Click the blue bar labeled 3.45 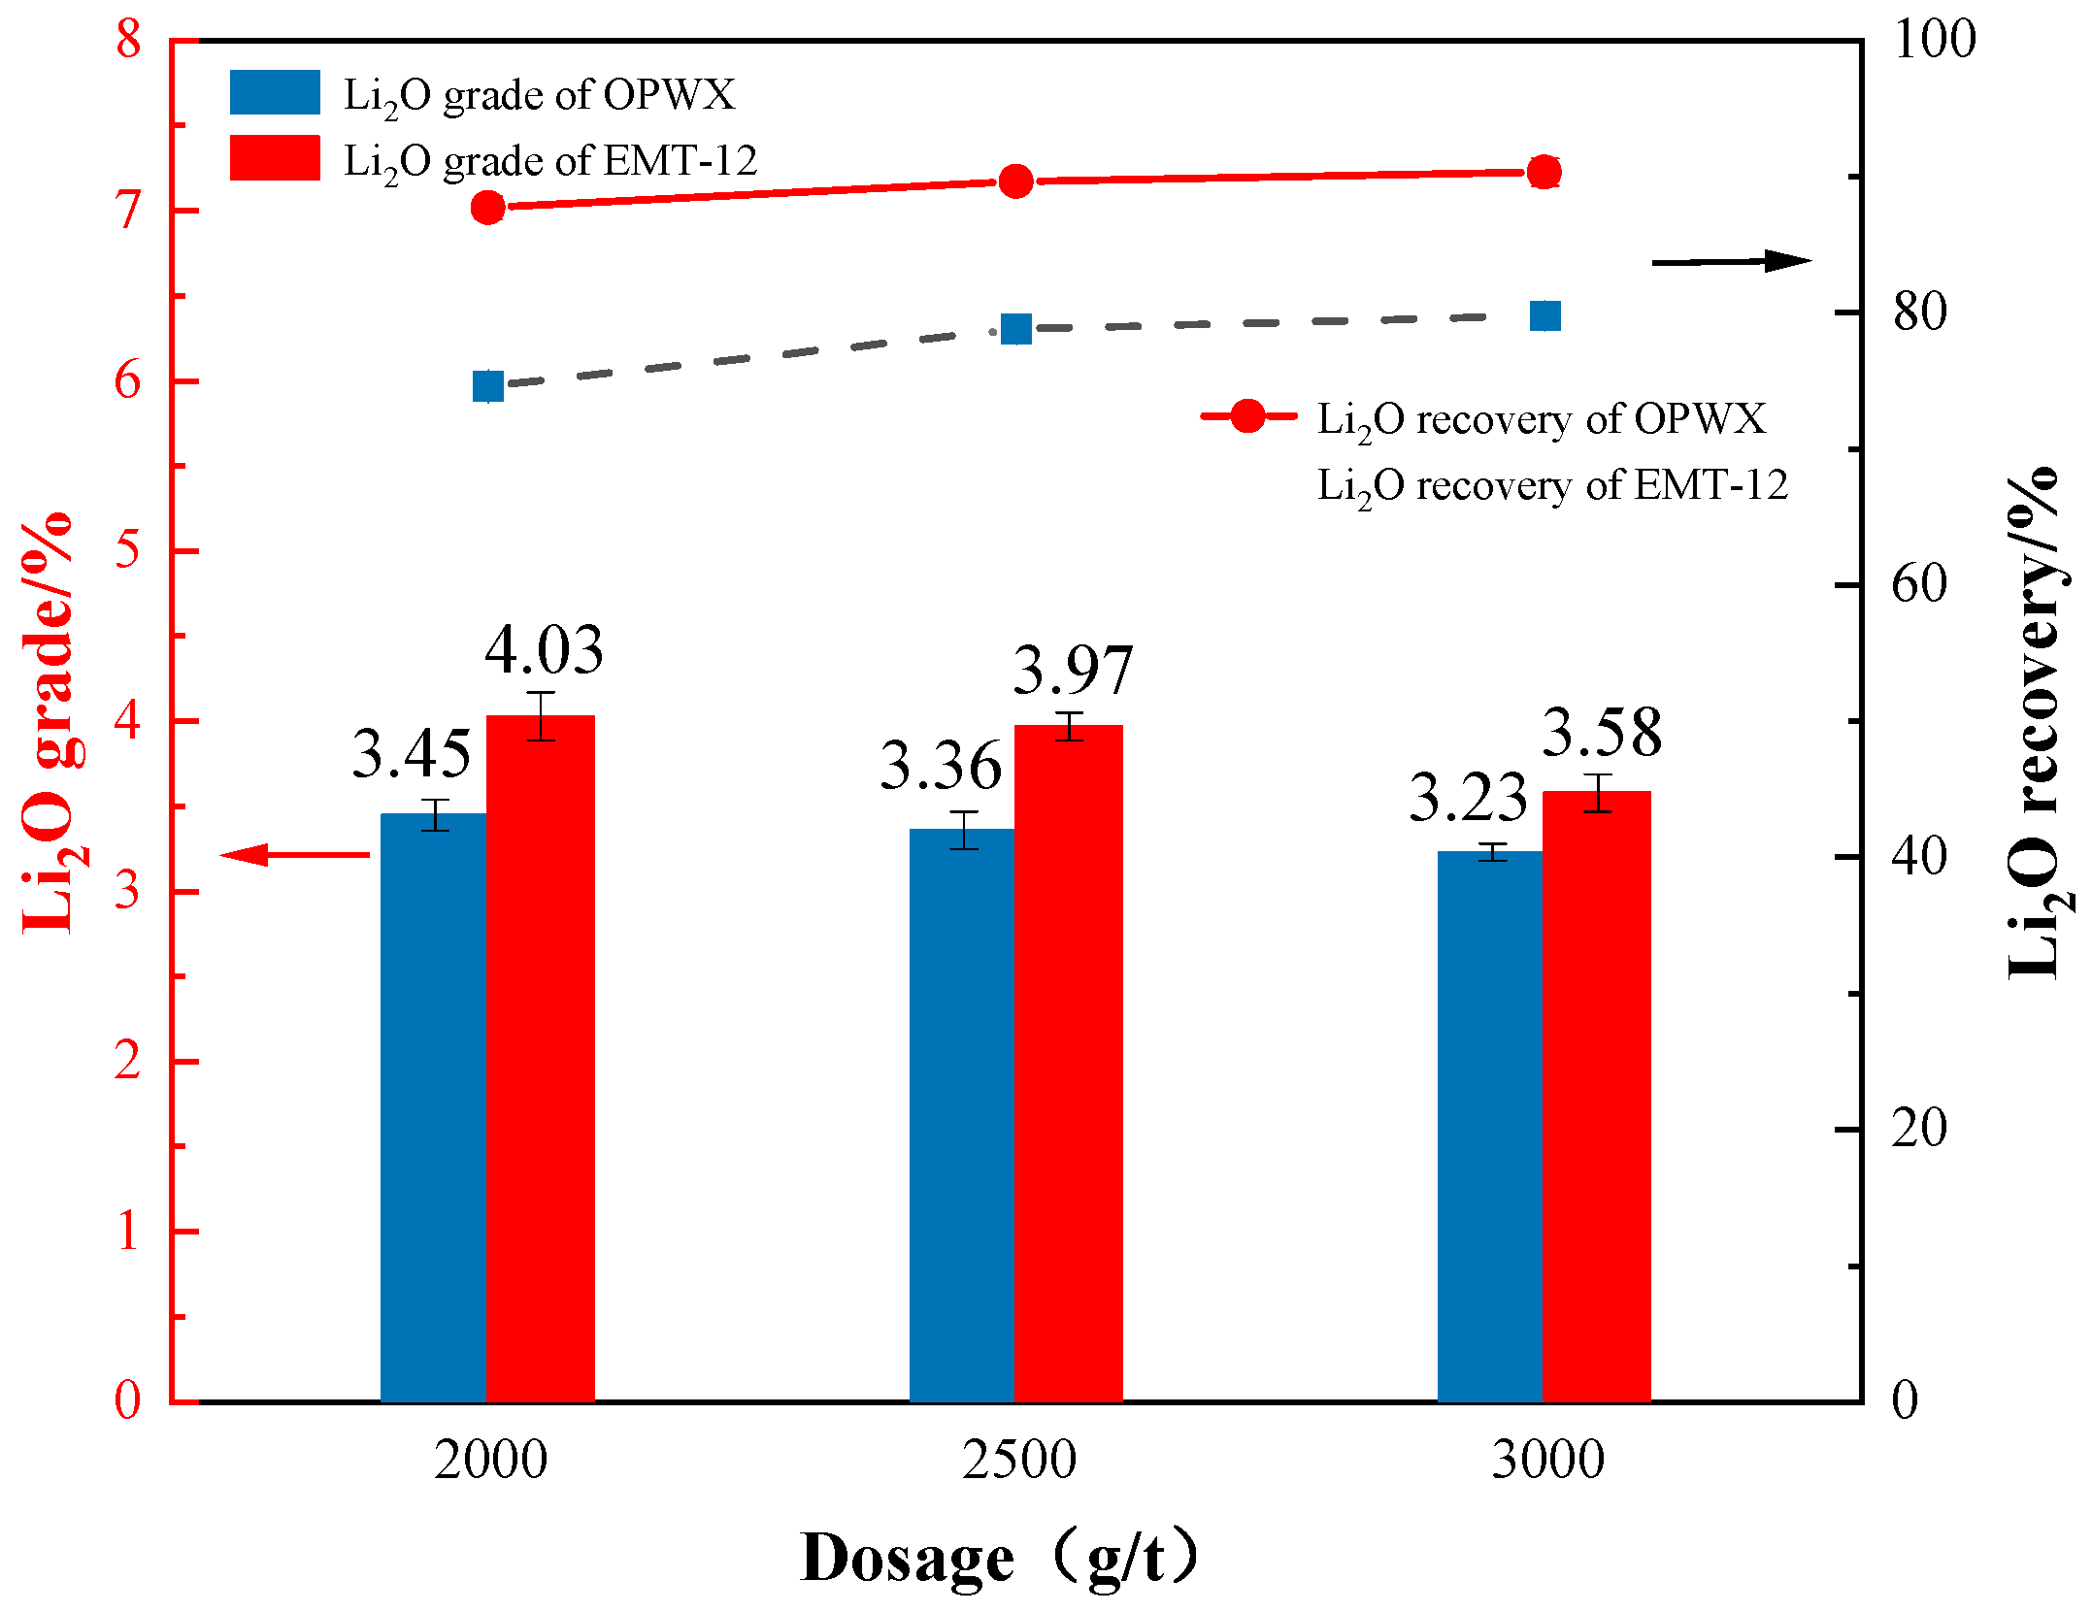(x=434, y=1106)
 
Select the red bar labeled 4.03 (x=541, y=1058)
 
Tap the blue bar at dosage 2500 (x=962, y=1114)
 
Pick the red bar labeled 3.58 (x=1597, y=1096)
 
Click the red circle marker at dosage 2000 (x=488, y=208)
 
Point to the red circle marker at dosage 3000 (x=1544, y=173)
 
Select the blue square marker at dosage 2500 (x=1015, y=330)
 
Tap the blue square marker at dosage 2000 (x=488, y=386)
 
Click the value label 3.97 (x=1073, y=670)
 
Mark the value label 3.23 (x=1468, y=798)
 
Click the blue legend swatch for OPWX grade (x=275, y=92)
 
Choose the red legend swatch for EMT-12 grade (x=275, y=157)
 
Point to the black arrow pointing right (x=1732, y=261)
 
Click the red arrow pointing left (x=295, y=855)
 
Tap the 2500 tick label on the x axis (x=1019, y=1461)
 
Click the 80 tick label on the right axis (x=1919, y=313)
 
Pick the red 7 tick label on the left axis (x=128, y=211)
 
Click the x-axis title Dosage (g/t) (x=1000, y=1559)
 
